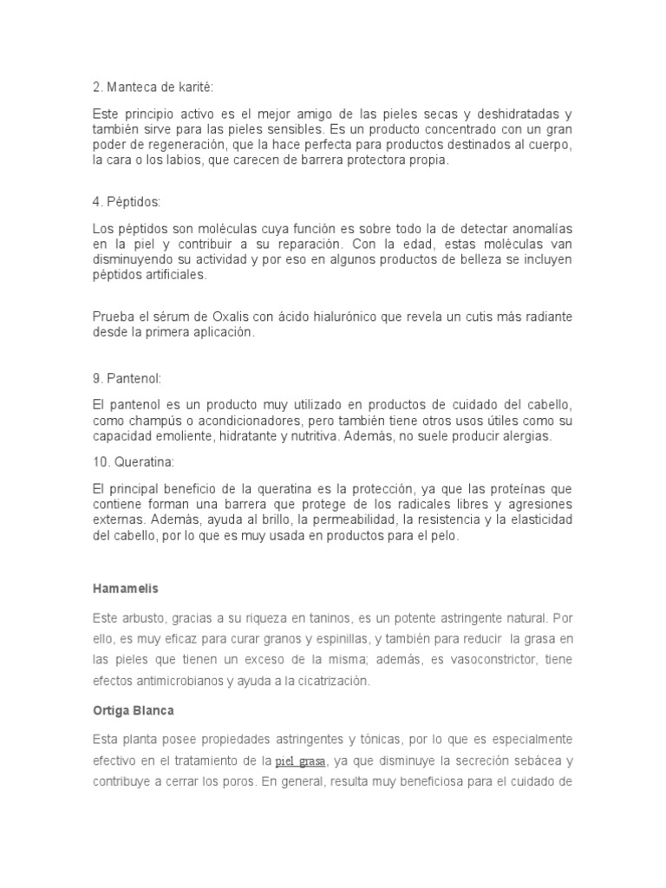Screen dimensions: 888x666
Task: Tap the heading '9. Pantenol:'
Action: click(127, 378)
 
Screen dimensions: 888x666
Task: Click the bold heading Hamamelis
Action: click(125, 589)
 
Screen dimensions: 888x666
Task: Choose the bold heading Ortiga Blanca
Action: click(134, 709)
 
